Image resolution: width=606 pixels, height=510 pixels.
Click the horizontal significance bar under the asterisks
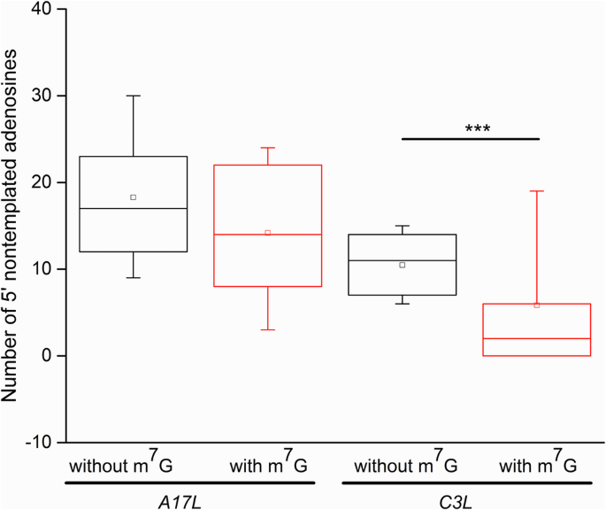(x=470, y=138)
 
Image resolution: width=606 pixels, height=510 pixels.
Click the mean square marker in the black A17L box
(x=134, y=197)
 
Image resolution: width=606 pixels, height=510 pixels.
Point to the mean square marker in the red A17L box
(x=268, y=233)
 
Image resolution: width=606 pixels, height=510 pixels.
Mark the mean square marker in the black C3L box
(x=403, y=265)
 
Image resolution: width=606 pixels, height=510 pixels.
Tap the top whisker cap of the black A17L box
(x=134, y=96)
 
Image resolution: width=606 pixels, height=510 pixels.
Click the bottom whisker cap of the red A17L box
(x=268, y=329)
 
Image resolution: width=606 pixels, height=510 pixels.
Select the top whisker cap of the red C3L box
(x=537, y=191)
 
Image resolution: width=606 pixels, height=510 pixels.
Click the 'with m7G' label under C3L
(x=538, y=465)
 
